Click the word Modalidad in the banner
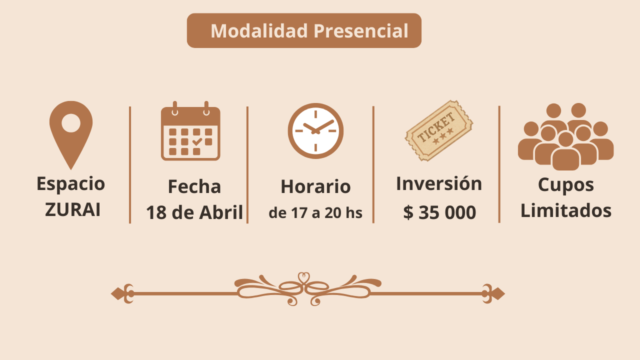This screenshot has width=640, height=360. point(259,31)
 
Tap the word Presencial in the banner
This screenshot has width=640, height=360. point(361,31)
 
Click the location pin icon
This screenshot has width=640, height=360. point(71,135)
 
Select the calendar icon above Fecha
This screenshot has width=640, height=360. point(190,131)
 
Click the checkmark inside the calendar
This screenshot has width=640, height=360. point(197,141)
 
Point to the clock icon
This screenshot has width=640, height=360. point(315,131)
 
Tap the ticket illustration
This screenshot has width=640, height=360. point(439,130)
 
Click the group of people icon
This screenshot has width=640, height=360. point(565,136)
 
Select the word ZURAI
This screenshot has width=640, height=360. point(72,209)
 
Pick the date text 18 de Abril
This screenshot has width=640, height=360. point(194,212)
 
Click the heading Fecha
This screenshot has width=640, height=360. point(194,186)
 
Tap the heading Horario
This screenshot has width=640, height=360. point(315,186)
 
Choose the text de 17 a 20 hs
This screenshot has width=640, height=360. point(315,213)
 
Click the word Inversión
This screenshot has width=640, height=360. point(439,183)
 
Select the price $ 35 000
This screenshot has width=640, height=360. point(439,212)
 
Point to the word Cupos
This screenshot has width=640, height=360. point(565,185)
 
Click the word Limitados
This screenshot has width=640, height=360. point(565,210)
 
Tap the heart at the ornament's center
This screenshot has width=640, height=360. point(303,278)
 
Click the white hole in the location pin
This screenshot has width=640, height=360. point(71,123)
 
